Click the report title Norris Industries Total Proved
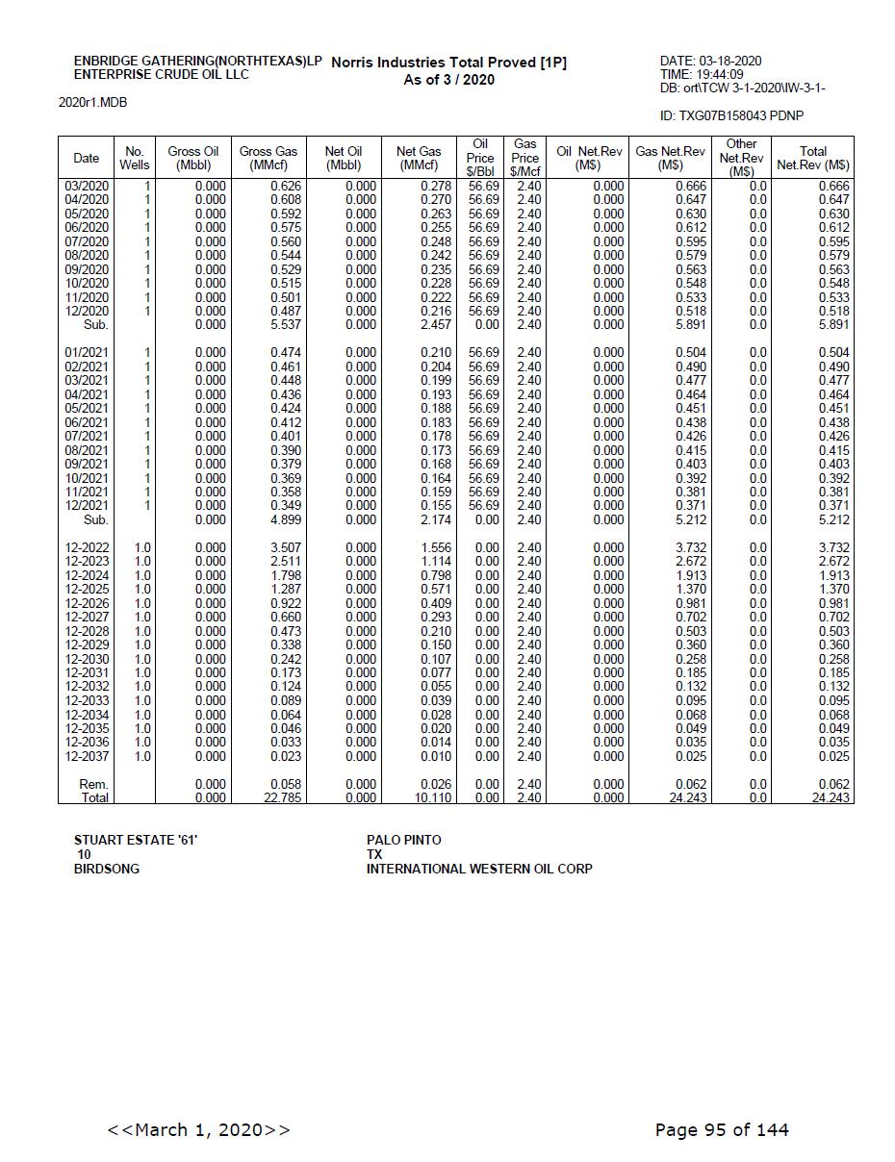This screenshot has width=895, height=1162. (448, 63)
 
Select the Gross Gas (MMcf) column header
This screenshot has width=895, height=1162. (268, 158)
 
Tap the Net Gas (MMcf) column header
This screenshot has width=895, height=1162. (419, 158)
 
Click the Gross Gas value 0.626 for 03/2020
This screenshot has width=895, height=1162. (286, 186)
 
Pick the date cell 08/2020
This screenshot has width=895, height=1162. (87, 256)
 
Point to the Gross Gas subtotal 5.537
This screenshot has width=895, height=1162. (286, 325)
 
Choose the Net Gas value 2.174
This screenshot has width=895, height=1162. (436, 519)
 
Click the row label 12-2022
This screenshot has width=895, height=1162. (87, 547)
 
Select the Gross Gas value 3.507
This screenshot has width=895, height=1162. (286, 547)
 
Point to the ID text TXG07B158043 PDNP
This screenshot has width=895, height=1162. (731, 116)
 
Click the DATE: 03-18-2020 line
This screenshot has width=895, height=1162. (710, 62)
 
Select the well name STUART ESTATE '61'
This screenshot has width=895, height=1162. (136, 840)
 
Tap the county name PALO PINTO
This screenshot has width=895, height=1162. (403, 840)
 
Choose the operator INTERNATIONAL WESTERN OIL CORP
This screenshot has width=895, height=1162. (479, 869)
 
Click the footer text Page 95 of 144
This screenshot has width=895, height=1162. (721, 1129)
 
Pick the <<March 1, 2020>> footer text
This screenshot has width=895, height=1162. (199, 1129)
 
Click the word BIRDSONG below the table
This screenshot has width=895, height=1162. (107, 869)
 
